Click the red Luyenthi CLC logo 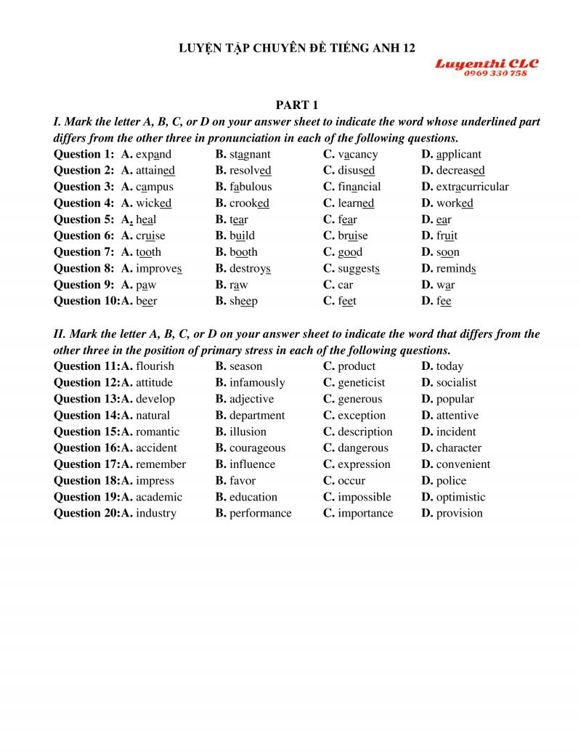487,65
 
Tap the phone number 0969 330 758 495,73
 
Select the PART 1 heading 297,105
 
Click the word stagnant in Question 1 250,154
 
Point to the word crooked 249,203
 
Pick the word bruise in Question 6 352,235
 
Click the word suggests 358,268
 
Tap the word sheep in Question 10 243,301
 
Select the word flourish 155,366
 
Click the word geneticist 361,383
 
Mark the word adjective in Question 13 251,399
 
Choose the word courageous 257,448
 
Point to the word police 451,481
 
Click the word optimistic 460,497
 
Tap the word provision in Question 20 459,514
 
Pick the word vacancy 357,154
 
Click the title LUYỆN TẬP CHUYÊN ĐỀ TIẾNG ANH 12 297,48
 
